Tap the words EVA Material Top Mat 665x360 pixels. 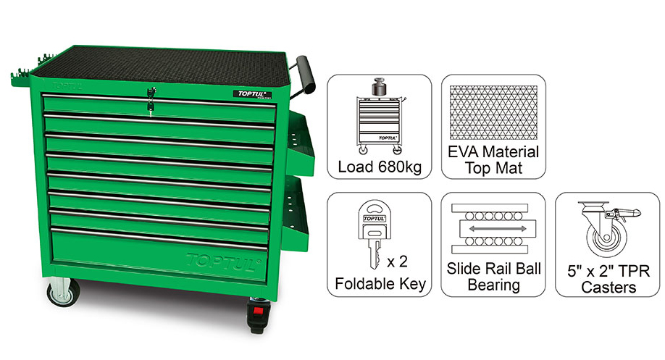pyautogui.click(x=493, y=160)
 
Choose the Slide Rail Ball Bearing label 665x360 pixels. pyautogui.click(x=493, y=276)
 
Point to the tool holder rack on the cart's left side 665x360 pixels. pyautogui.click(x=22, y=76)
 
